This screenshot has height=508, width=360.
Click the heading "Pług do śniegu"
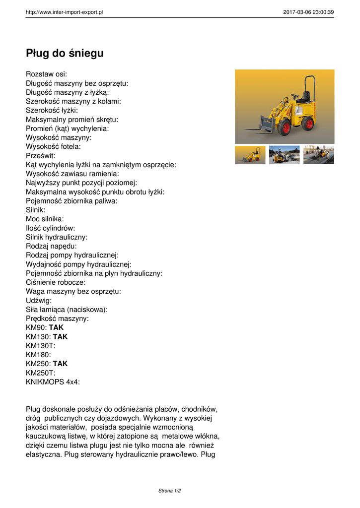(x=65, y=53)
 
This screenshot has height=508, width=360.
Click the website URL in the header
(x=64, y=12)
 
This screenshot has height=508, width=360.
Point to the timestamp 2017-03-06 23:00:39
(x=308, y=12)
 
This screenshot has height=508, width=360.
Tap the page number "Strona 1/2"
(x=170, y=491)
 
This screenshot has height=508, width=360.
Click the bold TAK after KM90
(x=56, y=327)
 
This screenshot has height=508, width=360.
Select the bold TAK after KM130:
(x=60, y=336)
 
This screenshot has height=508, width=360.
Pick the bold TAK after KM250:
(x=60, y=364)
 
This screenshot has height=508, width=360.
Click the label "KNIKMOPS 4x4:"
(x=53, y=381)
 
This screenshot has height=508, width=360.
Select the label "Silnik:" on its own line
(x=35, y=210)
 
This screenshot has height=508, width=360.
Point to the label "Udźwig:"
(x=39, y=300)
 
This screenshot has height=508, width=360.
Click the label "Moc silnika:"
(x=45, y=219)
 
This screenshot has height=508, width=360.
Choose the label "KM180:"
(x=38, y=355)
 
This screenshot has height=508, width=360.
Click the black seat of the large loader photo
(x=305, y=97)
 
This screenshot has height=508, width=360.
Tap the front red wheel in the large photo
(x=284, y=128)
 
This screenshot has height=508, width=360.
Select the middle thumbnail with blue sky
(x=285, y=155)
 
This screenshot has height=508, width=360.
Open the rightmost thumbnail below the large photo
(x=318, y=155)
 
